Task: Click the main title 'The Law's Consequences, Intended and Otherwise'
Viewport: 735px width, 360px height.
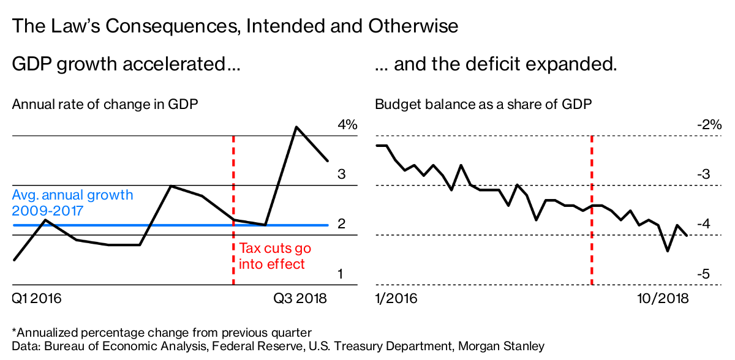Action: click(x=235, y=26)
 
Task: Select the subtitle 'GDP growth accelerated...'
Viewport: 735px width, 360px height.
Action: click(x=126, y=64)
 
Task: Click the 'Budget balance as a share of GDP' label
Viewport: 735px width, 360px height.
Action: click(x=483, y=104)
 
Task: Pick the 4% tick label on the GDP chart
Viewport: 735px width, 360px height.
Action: click(x=347, y=125)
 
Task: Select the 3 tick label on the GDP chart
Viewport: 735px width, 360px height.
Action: click(x=342, y=174)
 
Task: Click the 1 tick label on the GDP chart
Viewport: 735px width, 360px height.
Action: click(x=341, y=274)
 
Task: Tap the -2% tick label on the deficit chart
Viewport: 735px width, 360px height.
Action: click(x=710, y=125)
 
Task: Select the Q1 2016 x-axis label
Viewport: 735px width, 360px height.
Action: click(x=37, y=299)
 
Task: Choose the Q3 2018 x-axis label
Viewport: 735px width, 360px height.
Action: click(x=300, y=299)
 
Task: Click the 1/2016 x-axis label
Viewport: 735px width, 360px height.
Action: click(x=396, y=299)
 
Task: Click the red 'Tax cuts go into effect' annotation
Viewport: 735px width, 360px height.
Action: click(x=274, y=256)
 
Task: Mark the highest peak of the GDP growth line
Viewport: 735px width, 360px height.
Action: click(x=296, y=127)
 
